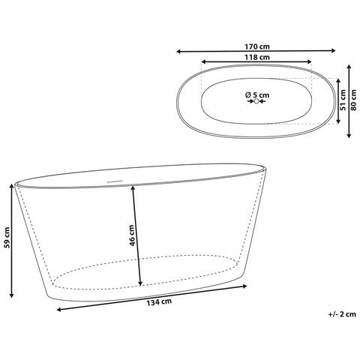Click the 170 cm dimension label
pyautogui.click(x=256, y=44)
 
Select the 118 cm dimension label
pyautogui.click(x=256, y=57)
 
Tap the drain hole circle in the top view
pyautogui.click(x=256, y=102)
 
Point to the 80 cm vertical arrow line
pyautogui.click(x=349, y=100)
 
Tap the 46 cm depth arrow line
pyautogui.click(x=136, y=235)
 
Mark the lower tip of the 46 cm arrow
pyautogui.click(x=140, y=286)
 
